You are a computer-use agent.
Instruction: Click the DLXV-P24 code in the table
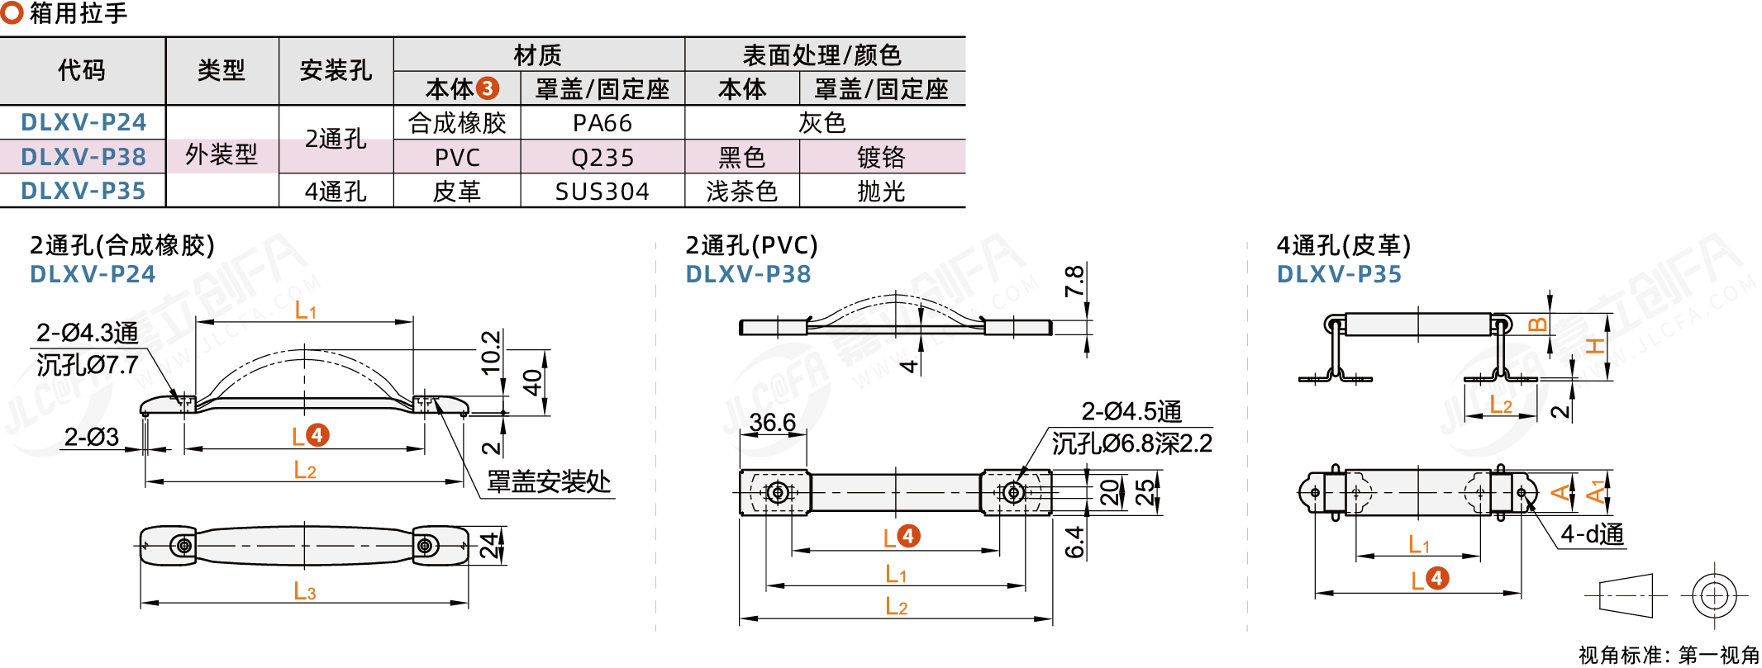(83, 122)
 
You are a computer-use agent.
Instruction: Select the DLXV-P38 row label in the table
(83, 157)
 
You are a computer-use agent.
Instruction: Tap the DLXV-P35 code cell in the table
(83, 191)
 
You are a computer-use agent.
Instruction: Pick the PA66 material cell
(602, 123)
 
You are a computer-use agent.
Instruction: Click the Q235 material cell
(602, 157)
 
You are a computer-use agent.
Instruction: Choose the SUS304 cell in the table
(602, 192)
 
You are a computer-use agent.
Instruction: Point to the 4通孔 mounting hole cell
(336, 192)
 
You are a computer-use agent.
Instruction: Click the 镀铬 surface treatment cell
(881, 157)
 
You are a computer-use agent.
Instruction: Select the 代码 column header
(82, 70)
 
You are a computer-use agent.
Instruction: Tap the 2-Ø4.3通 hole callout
(87, 333)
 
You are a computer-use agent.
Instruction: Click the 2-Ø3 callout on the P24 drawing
(92, 437)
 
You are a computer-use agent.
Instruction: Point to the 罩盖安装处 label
(549, 481)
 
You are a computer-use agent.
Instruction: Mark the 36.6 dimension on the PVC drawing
(773, 423)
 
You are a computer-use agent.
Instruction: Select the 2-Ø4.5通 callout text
(1131, 411)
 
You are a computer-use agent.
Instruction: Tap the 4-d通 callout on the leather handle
(1593, 534)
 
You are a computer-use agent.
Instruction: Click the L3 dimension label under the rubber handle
(305, 591)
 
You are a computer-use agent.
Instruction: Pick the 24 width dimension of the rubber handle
(490, 546)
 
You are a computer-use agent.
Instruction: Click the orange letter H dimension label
(1595, 346)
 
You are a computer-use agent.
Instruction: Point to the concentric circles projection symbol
(1714, 595)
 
